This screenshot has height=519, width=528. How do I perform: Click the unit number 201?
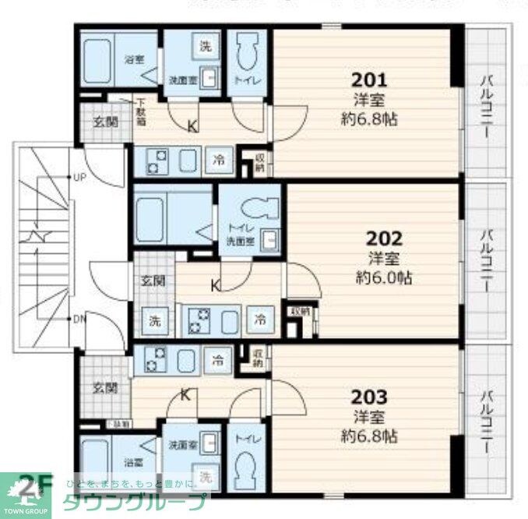click(369, 79)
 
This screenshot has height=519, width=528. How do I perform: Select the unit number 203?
click(369, 397)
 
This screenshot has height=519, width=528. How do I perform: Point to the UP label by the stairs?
click(79, 178)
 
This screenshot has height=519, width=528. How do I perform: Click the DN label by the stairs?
click(79, 318)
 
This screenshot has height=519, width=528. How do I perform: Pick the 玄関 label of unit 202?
click(153, 281)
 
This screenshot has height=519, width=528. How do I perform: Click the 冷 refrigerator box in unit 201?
click(220, 161)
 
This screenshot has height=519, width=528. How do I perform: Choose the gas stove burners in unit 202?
click(202, 320)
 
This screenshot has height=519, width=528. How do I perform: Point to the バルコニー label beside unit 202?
click(487, 261)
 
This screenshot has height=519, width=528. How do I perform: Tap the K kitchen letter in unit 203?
click(185, 394)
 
